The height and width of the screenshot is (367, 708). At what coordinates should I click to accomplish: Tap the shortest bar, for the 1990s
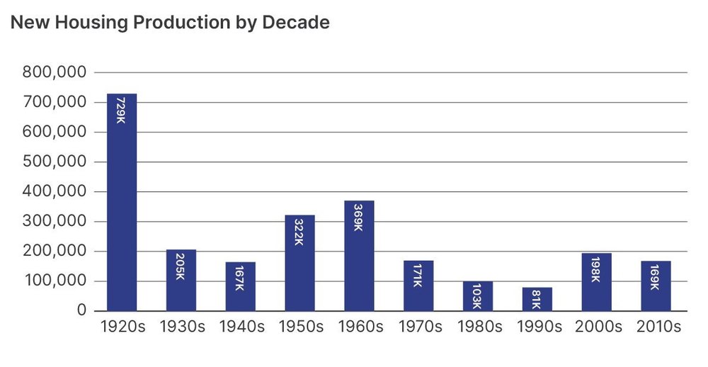pyautogui.click(x=537, y=300)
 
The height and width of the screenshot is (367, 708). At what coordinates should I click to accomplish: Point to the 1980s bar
pyautogui.click(x=478, y=297)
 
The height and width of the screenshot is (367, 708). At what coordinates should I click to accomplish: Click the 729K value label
pyautogui.click(x=121, y=110)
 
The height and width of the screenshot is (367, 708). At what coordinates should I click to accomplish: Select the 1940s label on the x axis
pyautogui.click(x=240, y=327)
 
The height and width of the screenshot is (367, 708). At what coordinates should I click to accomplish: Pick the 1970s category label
pyautogui.click(x=418, y=327)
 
